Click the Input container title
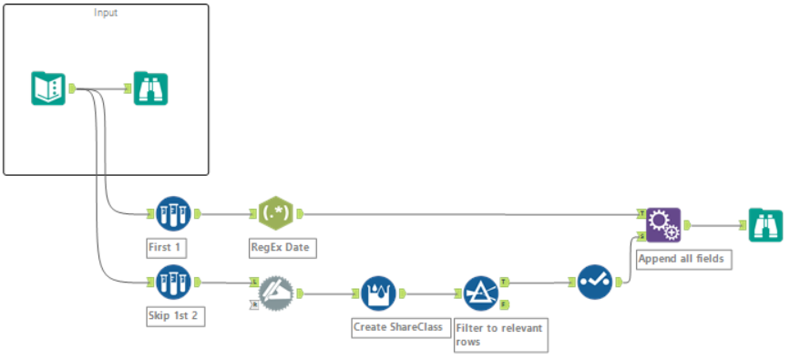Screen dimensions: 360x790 (106, 13)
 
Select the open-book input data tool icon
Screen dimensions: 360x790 (48, 88)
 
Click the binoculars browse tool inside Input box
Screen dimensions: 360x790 (151, 88)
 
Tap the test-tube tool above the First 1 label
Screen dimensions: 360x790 (172, 213)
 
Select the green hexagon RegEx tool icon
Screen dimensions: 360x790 (275, 213)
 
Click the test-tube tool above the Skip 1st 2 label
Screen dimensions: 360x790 (172, 283)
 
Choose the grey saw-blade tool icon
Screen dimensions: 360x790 (275, 293)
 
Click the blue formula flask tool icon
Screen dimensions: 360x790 (378, 293)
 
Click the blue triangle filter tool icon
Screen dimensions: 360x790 (480, 293)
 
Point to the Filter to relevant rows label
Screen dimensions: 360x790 (499, 334)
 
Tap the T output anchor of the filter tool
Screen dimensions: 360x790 (504, 283)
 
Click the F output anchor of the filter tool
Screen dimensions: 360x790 (504, 303)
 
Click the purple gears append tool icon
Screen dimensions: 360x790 (662, 224)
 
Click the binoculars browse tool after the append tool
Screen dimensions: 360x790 (765, 224)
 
